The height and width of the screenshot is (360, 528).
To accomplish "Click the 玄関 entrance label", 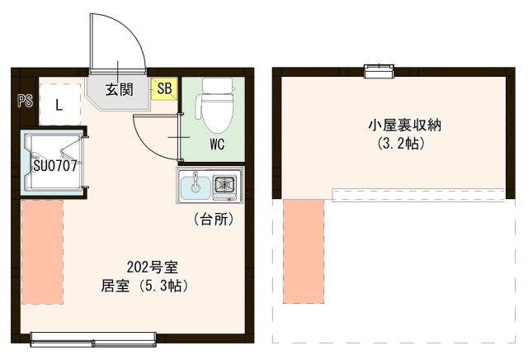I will tap(120, 89).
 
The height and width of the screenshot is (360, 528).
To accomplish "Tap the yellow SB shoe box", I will tap(164, 88).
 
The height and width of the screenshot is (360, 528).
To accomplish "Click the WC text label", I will tap(217, 144).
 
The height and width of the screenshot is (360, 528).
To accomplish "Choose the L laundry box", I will tap(59, 105).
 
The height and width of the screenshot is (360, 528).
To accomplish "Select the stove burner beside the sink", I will tap(224, 186).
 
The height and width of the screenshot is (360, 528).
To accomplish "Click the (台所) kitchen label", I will tap(213, 220).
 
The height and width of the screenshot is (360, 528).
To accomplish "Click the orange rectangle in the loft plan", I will tap(304, 251).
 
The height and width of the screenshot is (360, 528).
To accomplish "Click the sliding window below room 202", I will tap(92, 337).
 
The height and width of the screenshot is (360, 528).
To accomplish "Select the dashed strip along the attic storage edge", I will tap(419, 194).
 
